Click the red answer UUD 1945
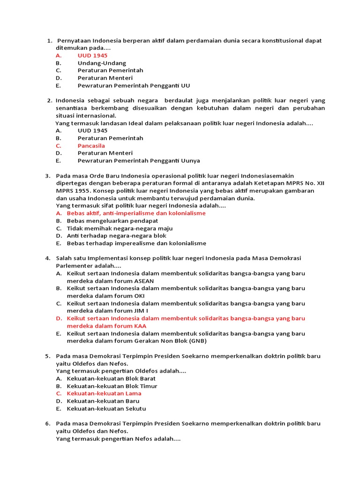click(x=92, y=55)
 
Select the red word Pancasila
click(x=91, y=146)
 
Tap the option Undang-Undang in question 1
click(x=102, y=63)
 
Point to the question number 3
click(x=48, y=176)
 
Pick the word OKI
click(x=139, y=296)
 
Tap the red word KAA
click(x=140, y=326)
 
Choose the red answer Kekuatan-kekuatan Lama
click(x=104, y=393)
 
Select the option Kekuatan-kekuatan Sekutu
click(x=106, y=408)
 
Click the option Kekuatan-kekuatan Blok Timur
click(x=112, y=386)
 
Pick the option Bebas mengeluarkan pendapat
click(x=112, y=220)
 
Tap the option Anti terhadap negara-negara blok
click(x=116, y=236)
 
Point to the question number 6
click(x=48, y=423)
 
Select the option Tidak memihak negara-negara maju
click(x=120, y=228)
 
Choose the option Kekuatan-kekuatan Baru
click(x=103, y=401)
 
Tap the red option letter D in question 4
click(x=59, y=318)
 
